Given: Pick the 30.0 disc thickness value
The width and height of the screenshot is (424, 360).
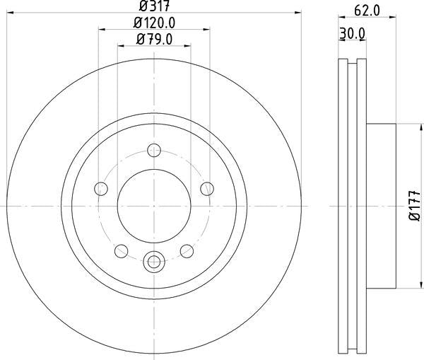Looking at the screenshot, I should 351,33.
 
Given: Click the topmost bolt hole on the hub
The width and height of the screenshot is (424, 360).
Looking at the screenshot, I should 154,150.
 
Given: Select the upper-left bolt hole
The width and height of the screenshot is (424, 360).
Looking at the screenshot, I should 100,189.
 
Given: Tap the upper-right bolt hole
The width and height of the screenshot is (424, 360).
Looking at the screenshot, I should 207,189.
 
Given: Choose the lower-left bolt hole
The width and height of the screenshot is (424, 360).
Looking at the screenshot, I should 121,251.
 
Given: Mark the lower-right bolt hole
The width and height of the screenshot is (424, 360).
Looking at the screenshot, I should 187,251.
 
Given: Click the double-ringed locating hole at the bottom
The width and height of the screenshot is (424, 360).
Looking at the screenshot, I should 153,262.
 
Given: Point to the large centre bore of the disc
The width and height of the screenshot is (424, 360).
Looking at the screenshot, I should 153,205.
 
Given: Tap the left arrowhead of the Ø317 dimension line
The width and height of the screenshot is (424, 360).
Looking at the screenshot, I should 9,14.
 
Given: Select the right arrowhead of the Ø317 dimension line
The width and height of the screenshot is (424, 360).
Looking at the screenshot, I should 299,14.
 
